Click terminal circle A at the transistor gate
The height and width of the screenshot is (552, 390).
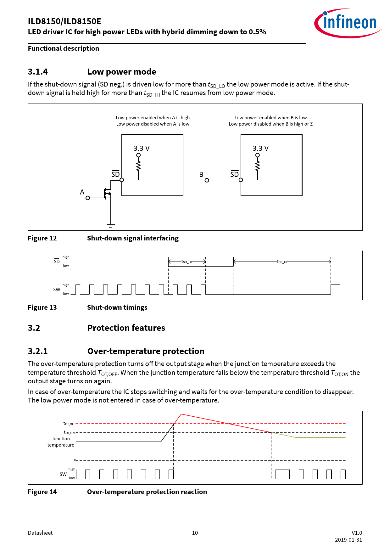click(88, 198)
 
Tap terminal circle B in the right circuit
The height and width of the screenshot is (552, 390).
click(207, 180)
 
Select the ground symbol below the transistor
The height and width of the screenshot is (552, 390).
click(110, 225)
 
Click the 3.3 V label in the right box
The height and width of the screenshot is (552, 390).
click(260, 148)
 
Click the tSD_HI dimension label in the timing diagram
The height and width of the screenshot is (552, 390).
click(282, 262)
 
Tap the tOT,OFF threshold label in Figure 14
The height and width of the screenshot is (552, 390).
click(69, 424)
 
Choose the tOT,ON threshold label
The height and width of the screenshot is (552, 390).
click(69, 432)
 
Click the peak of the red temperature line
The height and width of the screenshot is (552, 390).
click(181, 414)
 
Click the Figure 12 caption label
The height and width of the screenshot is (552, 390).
click(42, 238)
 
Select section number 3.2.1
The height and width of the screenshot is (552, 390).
click(38, 351)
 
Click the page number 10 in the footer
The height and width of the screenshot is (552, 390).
click(195, 533)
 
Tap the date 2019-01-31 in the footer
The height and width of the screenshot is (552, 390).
click(348, 540)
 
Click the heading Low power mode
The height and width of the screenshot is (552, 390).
click(122, 72)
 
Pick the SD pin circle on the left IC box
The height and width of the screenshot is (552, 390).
click(122, 180)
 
